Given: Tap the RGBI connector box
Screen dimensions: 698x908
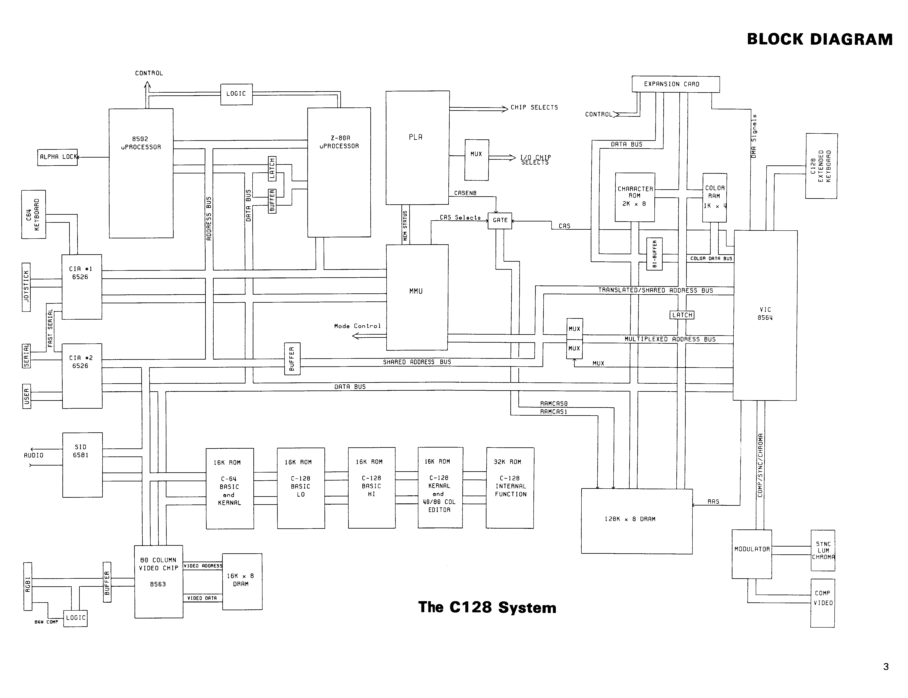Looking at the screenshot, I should click(28, 586).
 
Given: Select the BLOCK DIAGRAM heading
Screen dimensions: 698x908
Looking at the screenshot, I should click(820, 40).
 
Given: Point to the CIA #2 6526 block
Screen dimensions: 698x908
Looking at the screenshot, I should click(82, 376).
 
